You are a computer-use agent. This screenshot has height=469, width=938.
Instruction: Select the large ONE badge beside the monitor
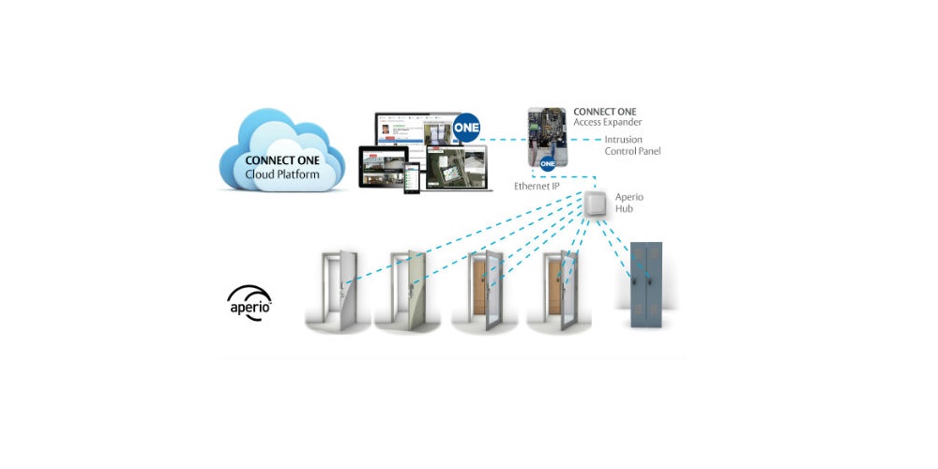point(466,128)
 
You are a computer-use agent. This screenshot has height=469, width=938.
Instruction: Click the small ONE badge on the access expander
point(549,162)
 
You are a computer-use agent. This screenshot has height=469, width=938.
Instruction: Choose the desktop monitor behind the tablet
point(413,131)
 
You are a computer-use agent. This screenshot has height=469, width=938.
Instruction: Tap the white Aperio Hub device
point(596,204)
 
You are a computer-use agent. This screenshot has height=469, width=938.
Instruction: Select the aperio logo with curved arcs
point(250,303)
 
